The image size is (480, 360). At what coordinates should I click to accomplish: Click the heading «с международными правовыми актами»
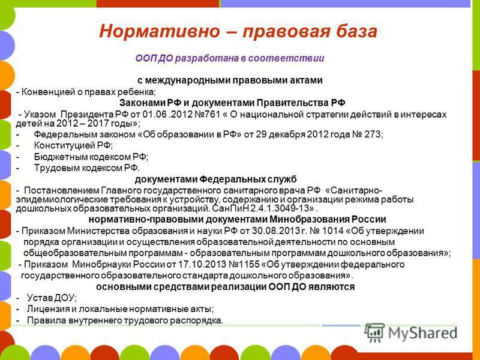coord(230,80)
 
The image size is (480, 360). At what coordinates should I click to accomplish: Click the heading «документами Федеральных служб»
coord(215,179)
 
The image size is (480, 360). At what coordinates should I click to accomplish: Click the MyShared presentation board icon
coord(374,333)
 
